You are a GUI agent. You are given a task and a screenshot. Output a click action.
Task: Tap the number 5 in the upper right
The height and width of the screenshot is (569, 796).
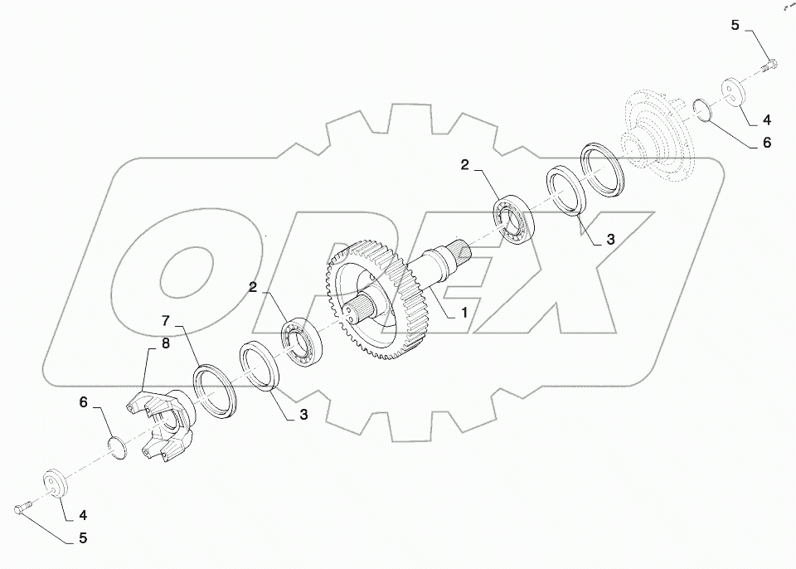pos(735,26)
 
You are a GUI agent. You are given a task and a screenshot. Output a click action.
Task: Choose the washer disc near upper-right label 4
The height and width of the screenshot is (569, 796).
pos(731,90)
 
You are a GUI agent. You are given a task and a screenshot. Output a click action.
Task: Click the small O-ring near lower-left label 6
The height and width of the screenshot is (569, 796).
pos(119,446)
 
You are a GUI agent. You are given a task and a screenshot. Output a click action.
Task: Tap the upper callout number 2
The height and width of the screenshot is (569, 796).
pos(465,165)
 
